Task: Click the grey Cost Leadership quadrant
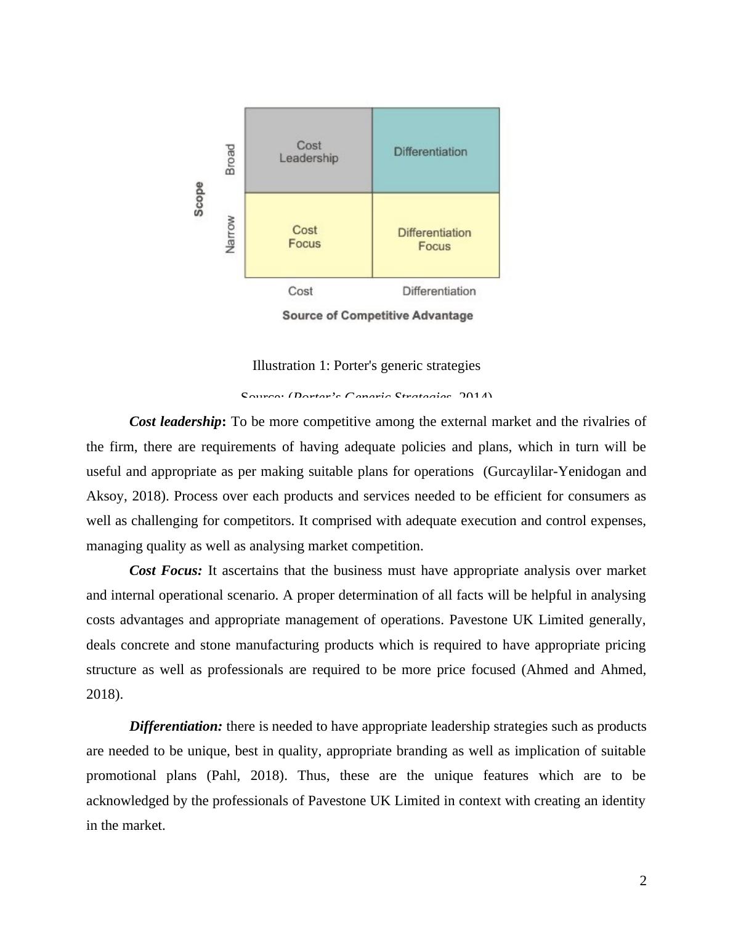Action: [x=309, y=151]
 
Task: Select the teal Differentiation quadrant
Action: [x=435, y=151]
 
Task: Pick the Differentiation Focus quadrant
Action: [x=435, y=238]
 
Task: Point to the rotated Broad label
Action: [x=230, y=159]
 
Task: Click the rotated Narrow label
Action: [x=230, y=234]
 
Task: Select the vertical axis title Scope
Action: [x=199, y=199]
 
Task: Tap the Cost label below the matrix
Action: [x=301, y=291]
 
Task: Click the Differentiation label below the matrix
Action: [x=439, y=291]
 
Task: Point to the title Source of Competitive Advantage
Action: [x=378, y=316]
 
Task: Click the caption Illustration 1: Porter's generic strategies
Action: [x=366, y=366]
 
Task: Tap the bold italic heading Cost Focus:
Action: [x=166, y=571]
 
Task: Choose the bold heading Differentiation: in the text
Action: [x=176, y=726]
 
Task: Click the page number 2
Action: [x=643, y=881]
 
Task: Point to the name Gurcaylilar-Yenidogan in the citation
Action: [x=553, y=472]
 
